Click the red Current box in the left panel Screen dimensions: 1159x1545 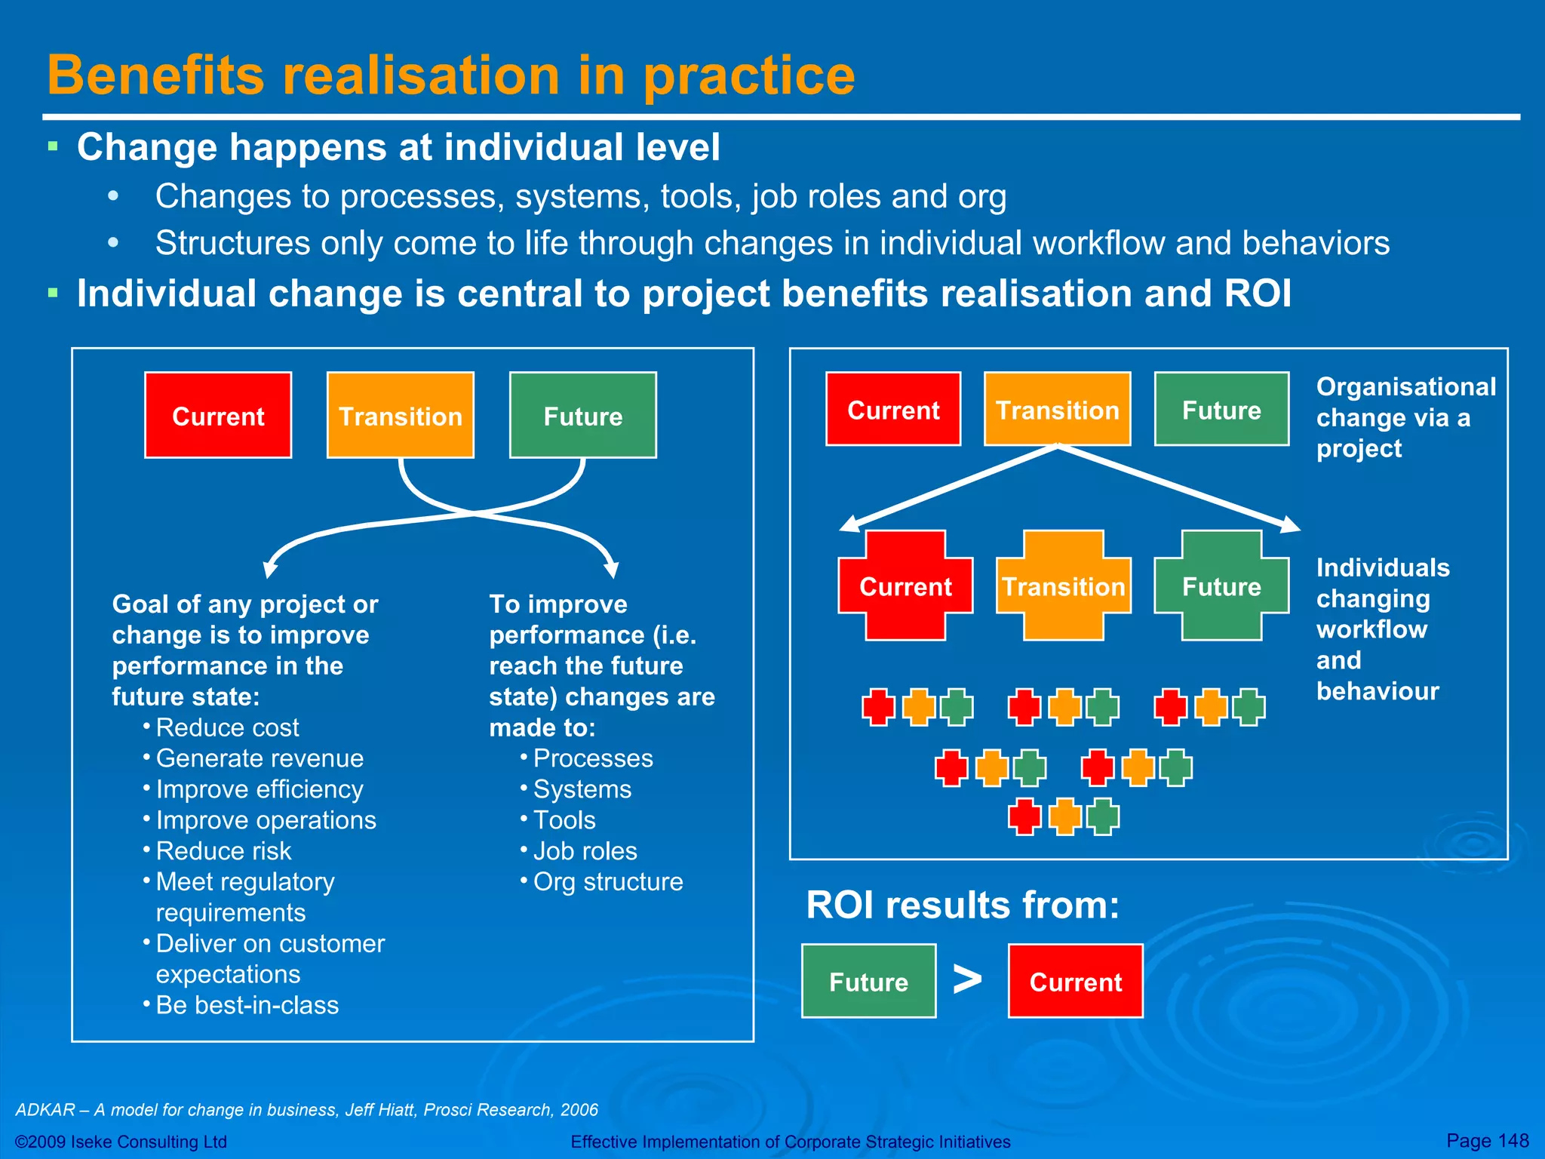218,415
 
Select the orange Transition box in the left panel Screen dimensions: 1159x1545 400,415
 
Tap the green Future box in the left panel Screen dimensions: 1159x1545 582,415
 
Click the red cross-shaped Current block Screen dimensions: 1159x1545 905,586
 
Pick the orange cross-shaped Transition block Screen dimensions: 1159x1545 1063,586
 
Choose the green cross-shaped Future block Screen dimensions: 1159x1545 1221,586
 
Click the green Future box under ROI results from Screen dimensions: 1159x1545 868,981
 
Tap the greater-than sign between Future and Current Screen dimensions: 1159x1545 967,979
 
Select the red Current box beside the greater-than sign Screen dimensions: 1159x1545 1075,981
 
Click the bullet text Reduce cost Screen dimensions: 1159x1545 227,727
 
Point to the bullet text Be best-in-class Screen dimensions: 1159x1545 247,1005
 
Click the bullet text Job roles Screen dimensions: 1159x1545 585,851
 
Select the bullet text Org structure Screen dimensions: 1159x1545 607,882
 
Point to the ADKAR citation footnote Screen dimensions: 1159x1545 306,1110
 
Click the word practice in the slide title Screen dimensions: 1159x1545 748,75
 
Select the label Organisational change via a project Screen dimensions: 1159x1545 1405,417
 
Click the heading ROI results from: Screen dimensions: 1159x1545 963,905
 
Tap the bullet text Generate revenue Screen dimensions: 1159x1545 260,758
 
